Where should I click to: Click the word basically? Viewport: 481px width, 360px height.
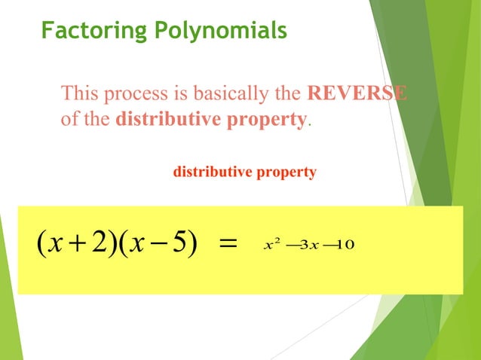222,94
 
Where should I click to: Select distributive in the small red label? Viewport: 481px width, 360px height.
210,172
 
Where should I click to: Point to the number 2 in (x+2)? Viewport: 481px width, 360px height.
96,243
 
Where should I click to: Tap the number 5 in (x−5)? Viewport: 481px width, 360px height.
179,243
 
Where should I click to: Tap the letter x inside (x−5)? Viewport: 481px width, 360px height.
136,243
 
